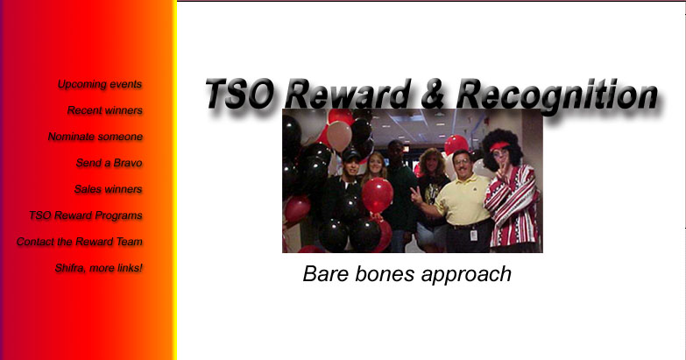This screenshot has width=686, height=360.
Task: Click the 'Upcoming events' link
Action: (100, 84)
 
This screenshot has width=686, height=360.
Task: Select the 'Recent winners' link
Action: (105, 110)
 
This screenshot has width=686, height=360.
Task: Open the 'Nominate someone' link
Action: (95, 137)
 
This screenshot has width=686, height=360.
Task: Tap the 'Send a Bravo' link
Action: (109, 163)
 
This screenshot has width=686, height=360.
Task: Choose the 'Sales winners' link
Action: (108, 189)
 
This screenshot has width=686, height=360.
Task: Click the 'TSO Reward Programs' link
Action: (86, 215)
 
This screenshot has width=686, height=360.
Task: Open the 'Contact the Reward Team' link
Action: (80, 242)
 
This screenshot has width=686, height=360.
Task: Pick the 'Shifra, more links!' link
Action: (98, 268)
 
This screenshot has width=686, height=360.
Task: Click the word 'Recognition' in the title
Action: (556, 95)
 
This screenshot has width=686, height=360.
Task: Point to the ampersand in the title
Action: (432, 94)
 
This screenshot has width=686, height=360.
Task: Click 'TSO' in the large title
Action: (240, 94)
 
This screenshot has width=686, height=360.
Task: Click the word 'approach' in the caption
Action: (466, 276)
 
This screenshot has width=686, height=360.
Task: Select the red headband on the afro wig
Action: (499, 146)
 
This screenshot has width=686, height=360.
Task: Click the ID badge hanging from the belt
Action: (473, 235)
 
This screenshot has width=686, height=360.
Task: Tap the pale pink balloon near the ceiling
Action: (339, 136)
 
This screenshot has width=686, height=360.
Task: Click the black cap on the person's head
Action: (350, 154)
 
